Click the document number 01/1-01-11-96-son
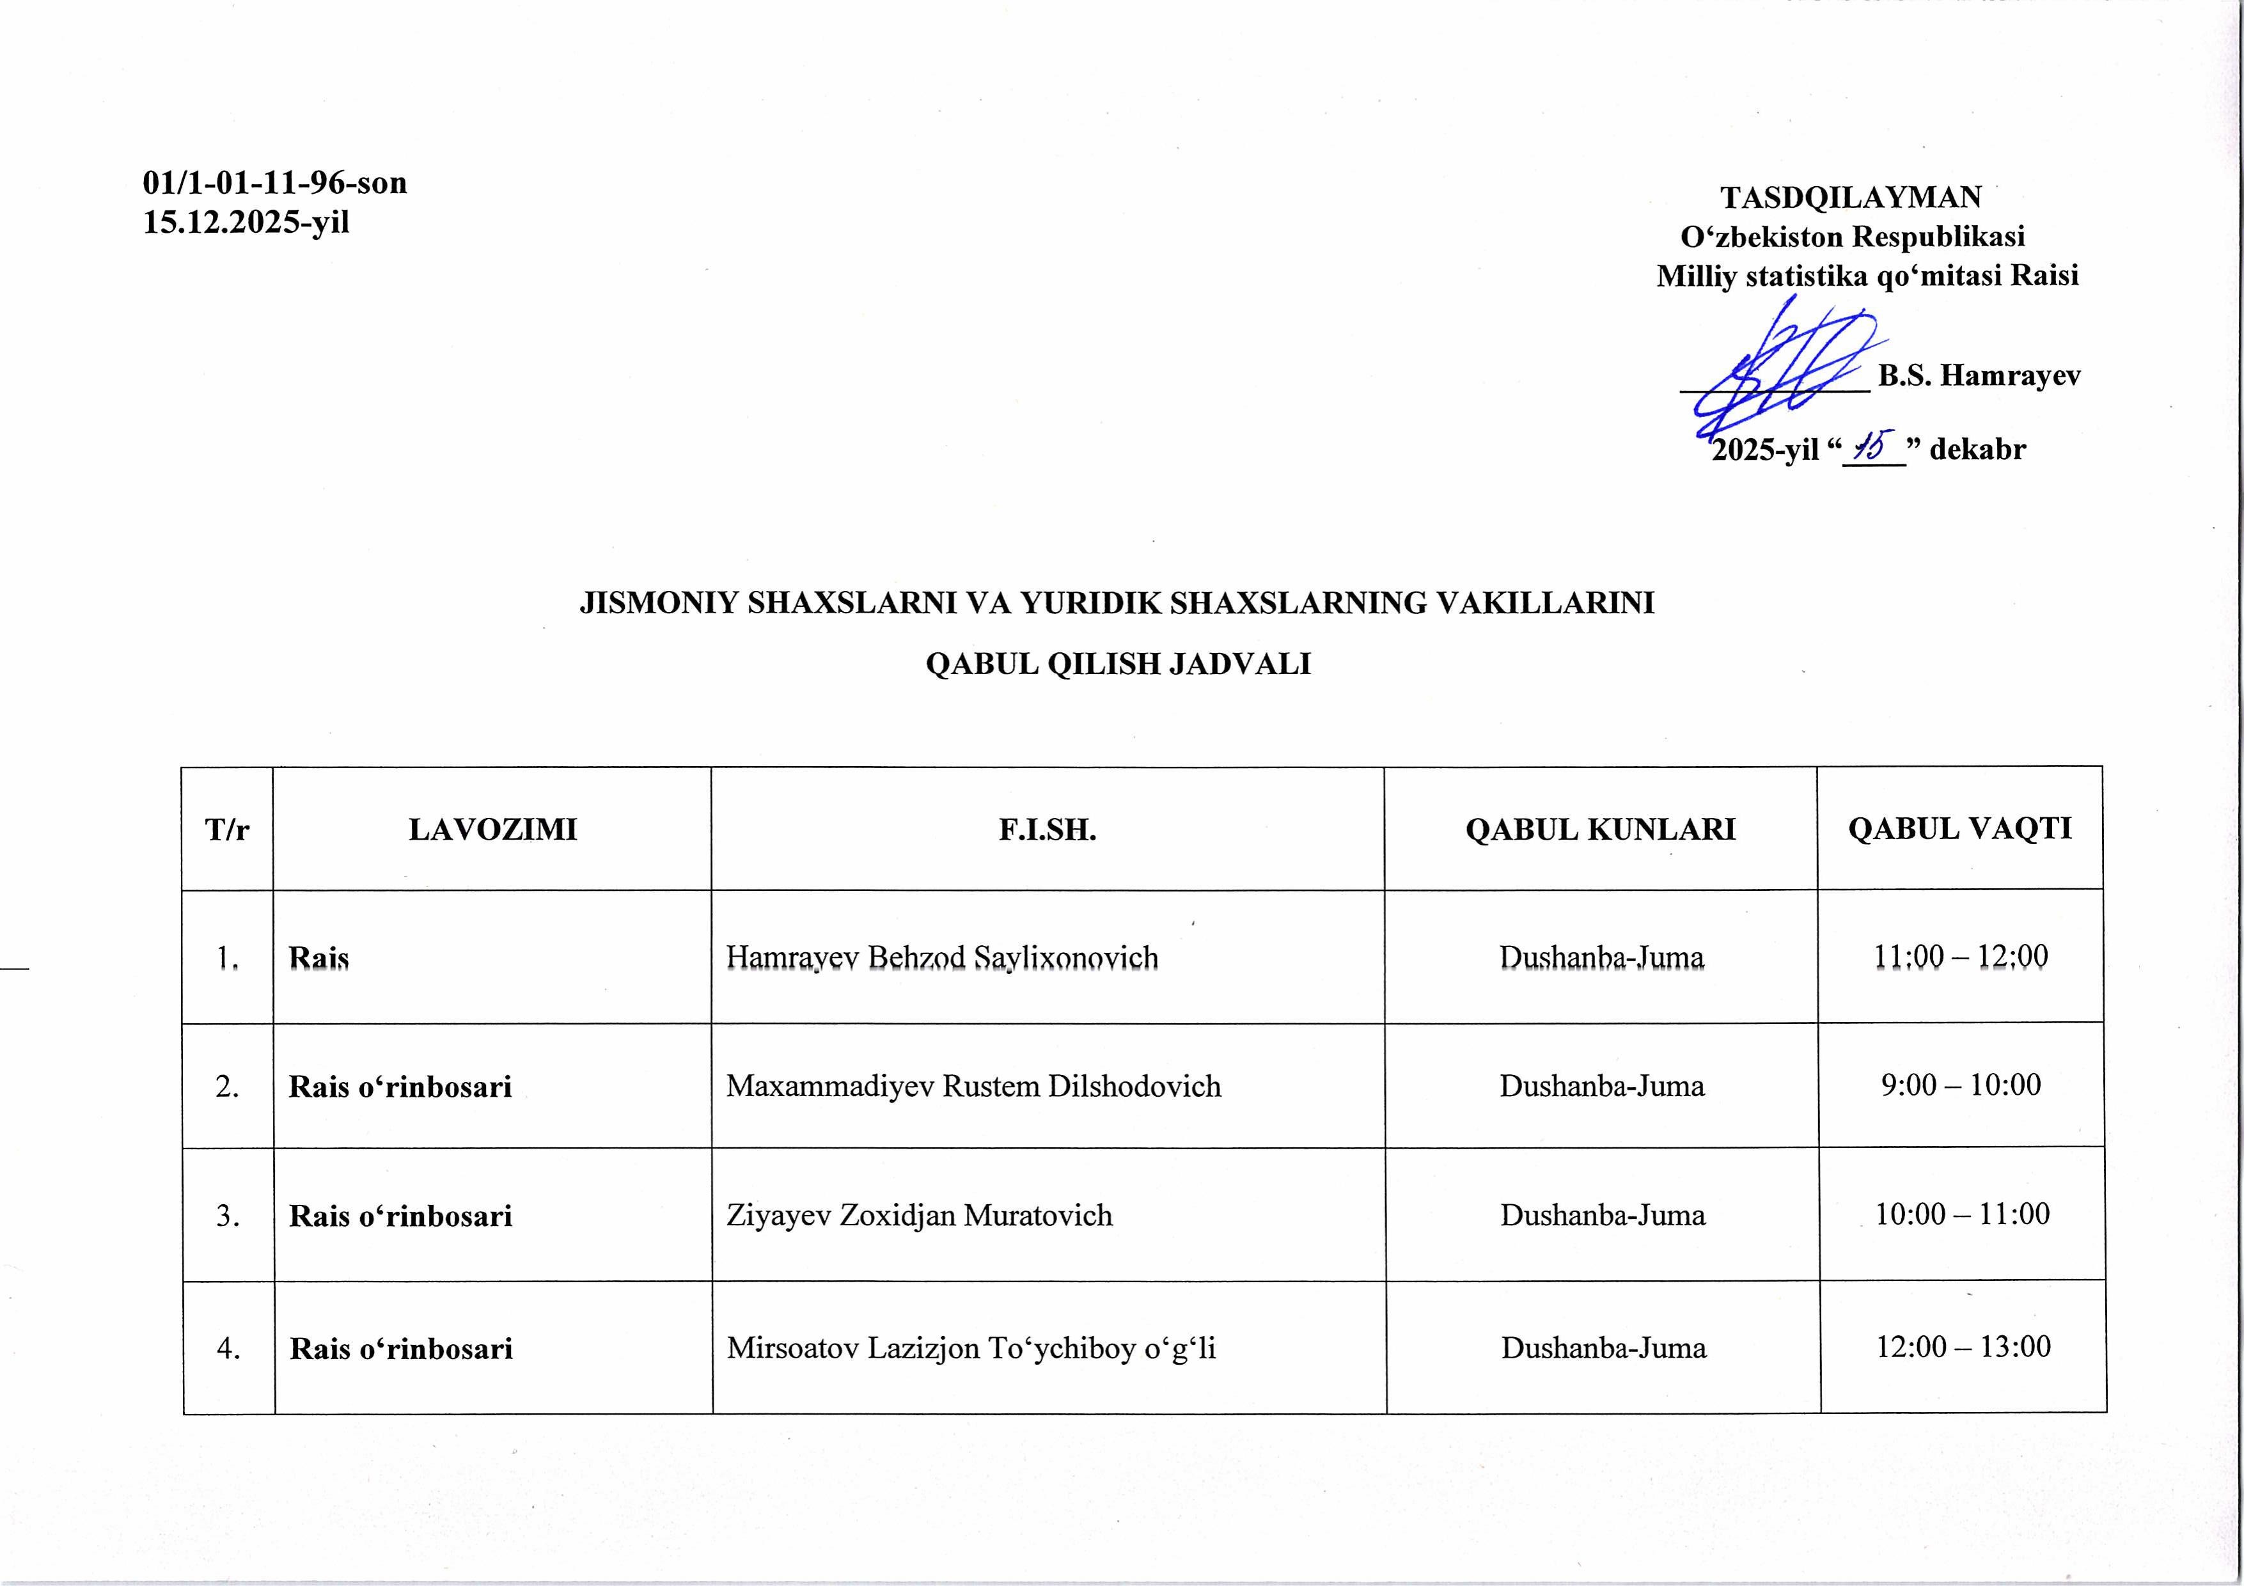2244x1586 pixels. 274,183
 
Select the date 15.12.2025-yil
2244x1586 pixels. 246,223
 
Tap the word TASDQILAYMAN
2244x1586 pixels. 1850,198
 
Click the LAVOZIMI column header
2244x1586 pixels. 492,829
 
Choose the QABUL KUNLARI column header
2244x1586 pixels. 1600,829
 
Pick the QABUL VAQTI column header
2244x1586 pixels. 1959,829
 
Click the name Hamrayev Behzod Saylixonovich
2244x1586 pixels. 941,957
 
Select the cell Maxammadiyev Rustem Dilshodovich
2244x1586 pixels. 973,1087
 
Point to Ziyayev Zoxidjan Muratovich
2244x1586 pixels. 919,1216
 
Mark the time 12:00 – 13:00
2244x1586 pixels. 1963,1347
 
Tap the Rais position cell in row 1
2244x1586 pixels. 318,957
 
